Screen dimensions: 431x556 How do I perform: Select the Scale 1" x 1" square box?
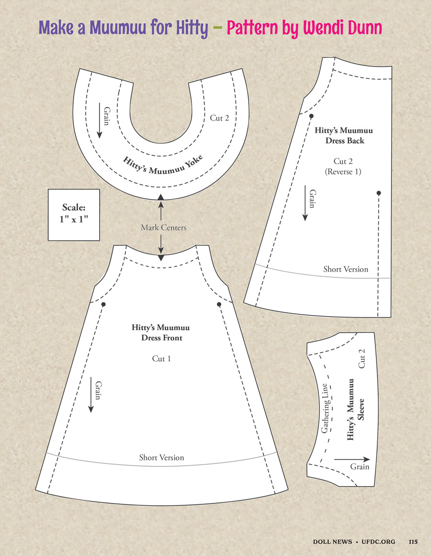tap(74, 215)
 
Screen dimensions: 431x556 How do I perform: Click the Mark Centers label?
tap(163, 227)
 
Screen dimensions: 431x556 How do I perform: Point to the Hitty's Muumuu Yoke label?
tap(163, 165)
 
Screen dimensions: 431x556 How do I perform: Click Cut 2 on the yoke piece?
tap(219, 118)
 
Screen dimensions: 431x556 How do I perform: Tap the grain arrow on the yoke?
tap(100, 120)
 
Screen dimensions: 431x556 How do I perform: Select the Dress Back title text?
tap(343, 136)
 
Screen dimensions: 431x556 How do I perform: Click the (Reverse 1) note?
tap(343, 171)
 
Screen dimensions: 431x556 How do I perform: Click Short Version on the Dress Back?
tap(346, 269)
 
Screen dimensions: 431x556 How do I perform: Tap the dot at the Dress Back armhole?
tap(311, 116)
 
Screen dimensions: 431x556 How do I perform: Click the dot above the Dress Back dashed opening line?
tap(378, 193)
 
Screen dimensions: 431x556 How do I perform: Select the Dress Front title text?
tap(161, 332)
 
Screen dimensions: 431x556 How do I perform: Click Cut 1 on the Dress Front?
tap(161, 359)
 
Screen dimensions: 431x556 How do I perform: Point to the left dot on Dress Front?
tap(103, 304)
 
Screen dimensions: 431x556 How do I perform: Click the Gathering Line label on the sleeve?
tap(325, 408)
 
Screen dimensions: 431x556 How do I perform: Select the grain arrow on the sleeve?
tap(352, 460)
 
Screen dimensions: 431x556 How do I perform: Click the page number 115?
tap(413, 542)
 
